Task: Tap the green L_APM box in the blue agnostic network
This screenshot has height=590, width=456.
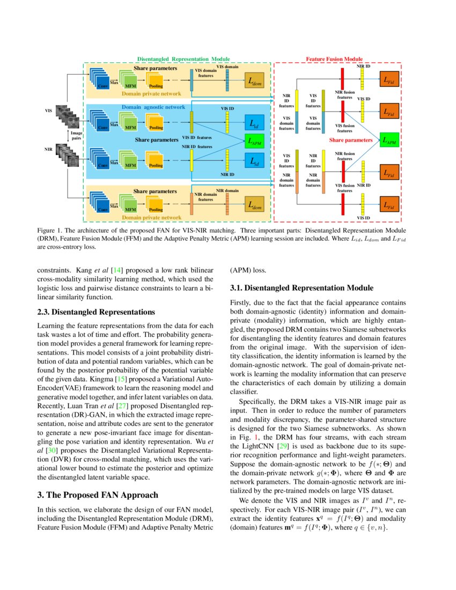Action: pos(254,142)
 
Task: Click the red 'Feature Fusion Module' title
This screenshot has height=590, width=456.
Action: pos(334,58)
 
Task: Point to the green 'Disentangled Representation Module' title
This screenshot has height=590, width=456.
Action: pos(183,58)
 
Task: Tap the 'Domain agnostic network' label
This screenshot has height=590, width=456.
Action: pos(153,107)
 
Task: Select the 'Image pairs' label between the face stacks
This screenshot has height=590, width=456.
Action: pos(77,136)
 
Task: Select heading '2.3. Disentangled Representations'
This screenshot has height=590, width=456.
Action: pos(96,312)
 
